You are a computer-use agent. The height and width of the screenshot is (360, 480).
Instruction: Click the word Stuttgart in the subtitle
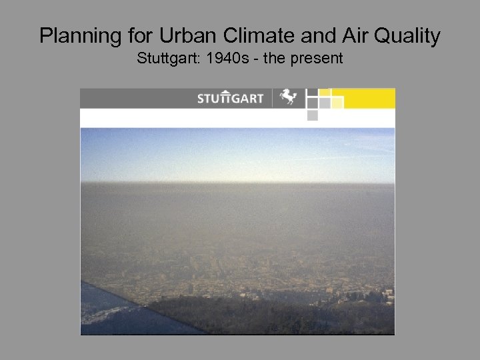[x=169, y=59]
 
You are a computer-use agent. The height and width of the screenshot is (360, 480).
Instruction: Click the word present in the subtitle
[x=317, y=59]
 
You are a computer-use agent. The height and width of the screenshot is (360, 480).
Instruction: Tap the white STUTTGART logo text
[x=231, y=99]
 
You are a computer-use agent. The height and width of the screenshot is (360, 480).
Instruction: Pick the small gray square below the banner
[x=312, y=115]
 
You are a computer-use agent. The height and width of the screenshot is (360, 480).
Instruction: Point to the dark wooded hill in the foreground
[x=280, y=317]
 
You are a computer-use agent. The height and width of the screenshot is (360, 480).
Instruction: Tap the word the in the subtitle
[x=276, y=59]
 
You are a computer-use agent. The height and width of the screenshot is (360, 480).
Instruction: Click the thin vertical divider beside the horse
[x=272, y=98]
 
